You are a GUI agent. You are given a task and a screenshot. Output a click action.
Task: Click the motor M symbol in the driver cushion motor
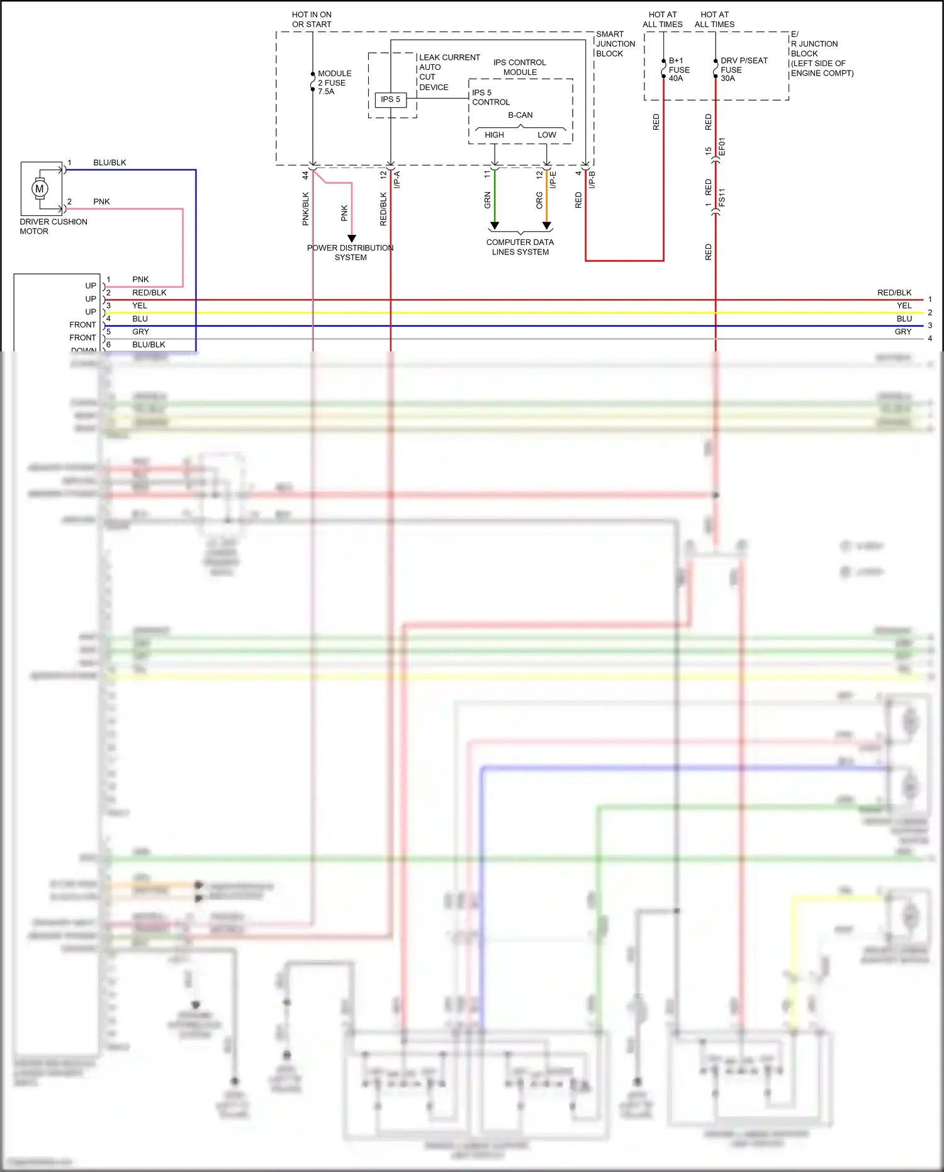pos(40,188)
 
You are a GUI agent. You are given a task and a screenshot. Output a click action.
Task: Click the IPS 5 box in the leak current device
pos(390,100)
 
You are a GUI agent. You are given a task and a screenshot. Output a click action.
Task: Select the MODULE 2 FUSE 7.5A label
pos(334,82)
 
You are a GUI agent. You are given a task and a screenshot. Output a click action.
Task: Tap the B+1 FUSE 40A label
pos(678,69)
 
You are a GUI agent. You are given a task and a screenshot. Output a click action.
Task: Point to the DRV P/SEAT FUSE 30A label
pos(743,69)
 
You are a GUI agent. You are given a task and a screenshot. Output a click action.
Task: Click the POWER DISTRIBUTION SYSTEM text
pos(350,253)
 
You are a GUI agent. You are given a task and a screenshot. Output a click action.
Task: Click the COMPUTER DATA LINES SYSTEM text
pos(520,247)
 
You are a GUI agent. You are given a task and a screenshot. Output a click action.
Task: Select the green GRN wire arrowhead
pos(495,225)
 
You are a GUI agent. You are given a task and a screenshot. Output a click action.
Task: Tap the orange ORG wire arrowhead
pos(546,225)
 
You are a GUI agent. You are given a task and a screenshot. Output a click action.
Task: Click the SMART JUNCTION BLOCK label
pos(615,44)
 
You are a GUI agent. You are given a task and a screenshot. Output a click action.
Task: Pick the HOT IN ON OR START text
pos(312,20)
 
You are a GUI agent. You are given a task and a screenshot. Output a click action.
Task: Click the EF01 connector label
pos(722,147)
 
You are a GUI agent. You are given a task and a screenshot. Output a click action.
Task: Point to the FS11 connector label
pos(722,197)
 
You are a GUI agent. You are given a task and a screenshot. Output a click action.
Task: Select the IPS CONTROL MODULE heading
pos(519,67)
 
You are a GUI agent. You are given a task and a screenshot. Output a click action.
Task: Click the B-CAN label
pos(520,115)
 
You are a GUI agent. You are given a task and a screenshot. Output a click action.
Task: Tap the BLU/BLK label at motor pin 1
pos(110,162)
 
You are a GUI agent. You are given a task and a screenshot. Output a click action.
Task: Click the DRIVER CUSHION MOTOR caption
pos(53,227)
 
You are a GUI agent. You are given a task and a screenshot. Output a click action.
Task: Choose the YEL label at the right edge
pos(904,305)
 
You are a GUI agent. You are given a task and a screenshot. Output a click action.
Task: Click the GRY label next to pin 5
pos(140,332)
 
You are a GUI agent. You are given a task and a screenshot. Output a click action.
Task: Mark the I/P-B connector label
pos(592,180)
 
